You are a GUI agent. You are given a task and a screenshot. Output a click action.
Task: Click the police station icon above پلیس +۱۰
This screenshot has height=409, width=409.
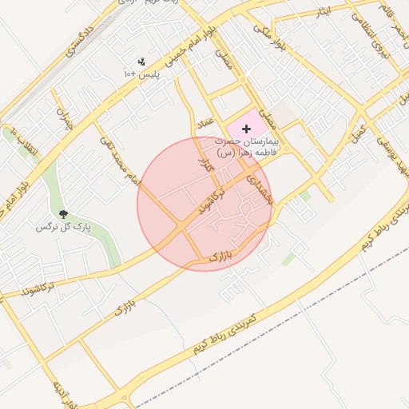[142, 62]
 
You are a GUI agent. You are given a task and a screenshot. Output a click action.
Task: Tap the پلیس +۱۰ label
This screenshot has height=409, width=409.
[142, 74]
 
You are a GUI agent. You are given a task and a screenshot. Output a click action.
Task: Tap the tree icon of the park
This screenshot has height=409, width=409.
[63, 213]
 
